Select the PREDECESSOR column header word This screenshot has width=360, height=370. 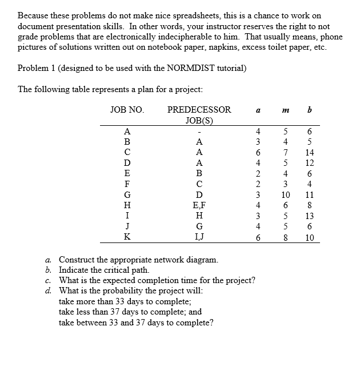pyautogui.click(x=199, y=109)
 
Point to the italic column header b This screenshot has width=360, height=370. pyautogui.click(x=309, y=109)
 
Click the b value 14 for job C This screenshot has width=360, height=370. pyautogui.click(x=309, y=153)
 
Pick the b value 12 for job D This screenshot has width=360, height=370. pyautogui.click(x=309, y=164)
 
